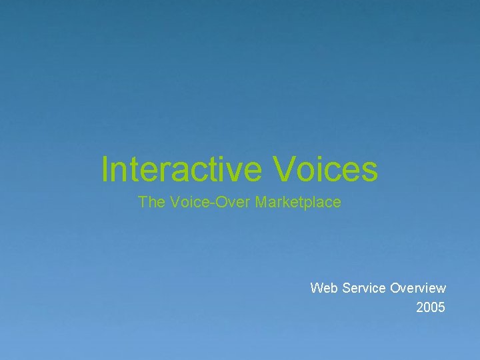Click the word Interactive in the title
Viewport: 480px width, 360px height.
(x=182, y=169)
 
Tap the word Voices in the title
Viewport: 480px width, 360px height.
(x=325, y=169)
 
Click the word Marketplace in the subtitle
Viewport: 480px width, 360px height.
(x=298, y=202)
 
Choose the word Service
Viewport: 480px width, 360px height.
(x=363, y=288)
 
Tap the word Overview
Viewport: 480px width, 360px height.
(x=418, y=288)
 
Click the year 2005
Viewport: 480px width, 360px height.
(x=431, y=307)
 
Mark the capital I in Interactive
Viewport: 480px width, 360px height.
(x=105, y=169)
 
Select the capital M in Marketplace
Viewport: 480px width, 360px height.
(x=261, y=202)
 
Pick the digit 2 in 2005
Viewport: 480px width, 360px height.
(x=420, y=307)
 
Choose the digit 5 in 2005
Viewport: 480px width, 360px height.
(x=441, y=307)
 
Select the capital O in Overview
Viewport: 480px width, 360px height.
(x=395, y=288)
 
